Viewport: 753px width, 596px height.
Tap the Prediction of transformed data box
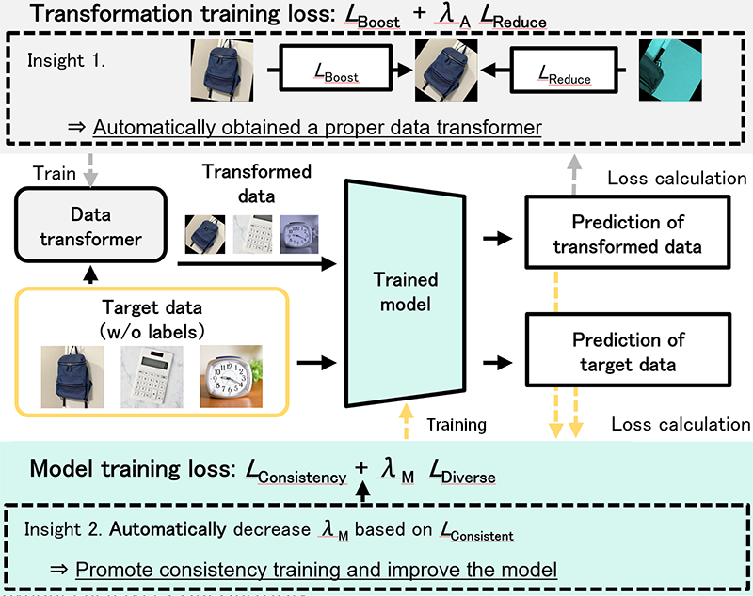[x=630, y=235]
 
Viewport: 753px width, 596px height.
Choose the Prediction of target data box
[x=630, y=351]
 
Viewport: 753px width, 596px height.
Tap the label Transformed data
[x=258, y=182]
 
